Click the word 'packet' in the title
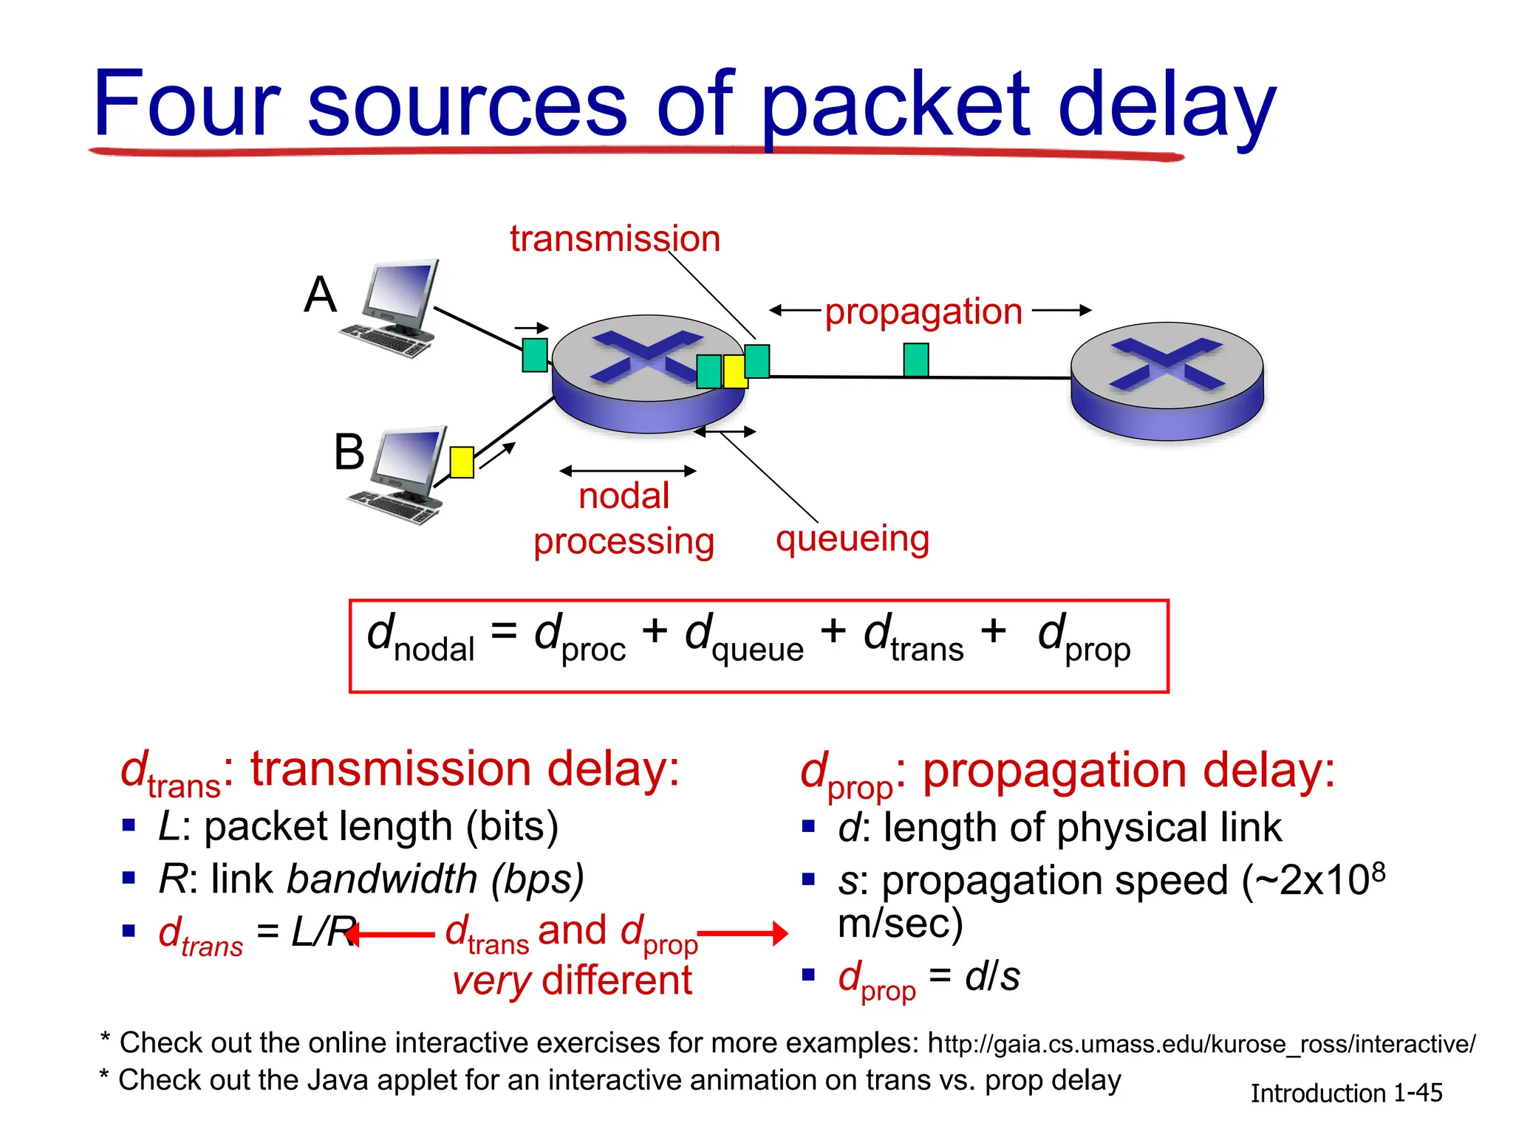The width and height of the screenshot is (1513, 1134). [x=895, y=107]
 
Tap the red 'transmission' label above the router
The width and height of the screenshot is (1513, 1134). [x=615, y=239]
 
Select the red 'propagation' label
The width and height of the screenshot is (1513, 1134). [x=923, y=312]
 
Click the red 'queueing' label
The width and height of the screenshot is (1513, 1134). [x=852, y=539]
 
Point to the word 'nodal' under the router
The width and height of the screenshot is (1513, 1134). [x=624, y=496]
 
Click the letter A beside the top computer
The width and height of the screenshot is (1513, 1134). [x=320, y=295]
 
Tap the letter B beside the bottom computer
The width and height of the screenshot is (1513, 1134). [x=349, y=452]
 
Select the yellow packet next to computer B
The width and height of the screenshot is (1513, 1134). [x=462, y=462]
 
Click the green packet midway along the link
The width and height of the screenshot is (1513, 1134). [x=916, y=360]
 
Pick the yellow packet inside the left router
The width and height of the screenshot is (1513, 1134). [x=734, y=371]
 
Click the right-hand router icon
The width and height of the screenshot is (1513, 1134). [x=1167, y=380]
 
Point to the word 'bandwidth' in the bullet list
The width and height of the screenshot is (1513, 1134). [x=382, y=879]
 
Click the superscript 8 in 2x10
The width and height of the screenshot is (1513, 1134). [x=1378, y=872]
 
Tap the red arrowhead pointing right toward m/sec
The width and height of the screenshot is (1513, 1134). [x=779, y=933]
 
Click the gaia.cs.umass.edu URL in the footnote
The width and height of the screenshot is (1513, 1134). [x=1201, y=1044]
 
